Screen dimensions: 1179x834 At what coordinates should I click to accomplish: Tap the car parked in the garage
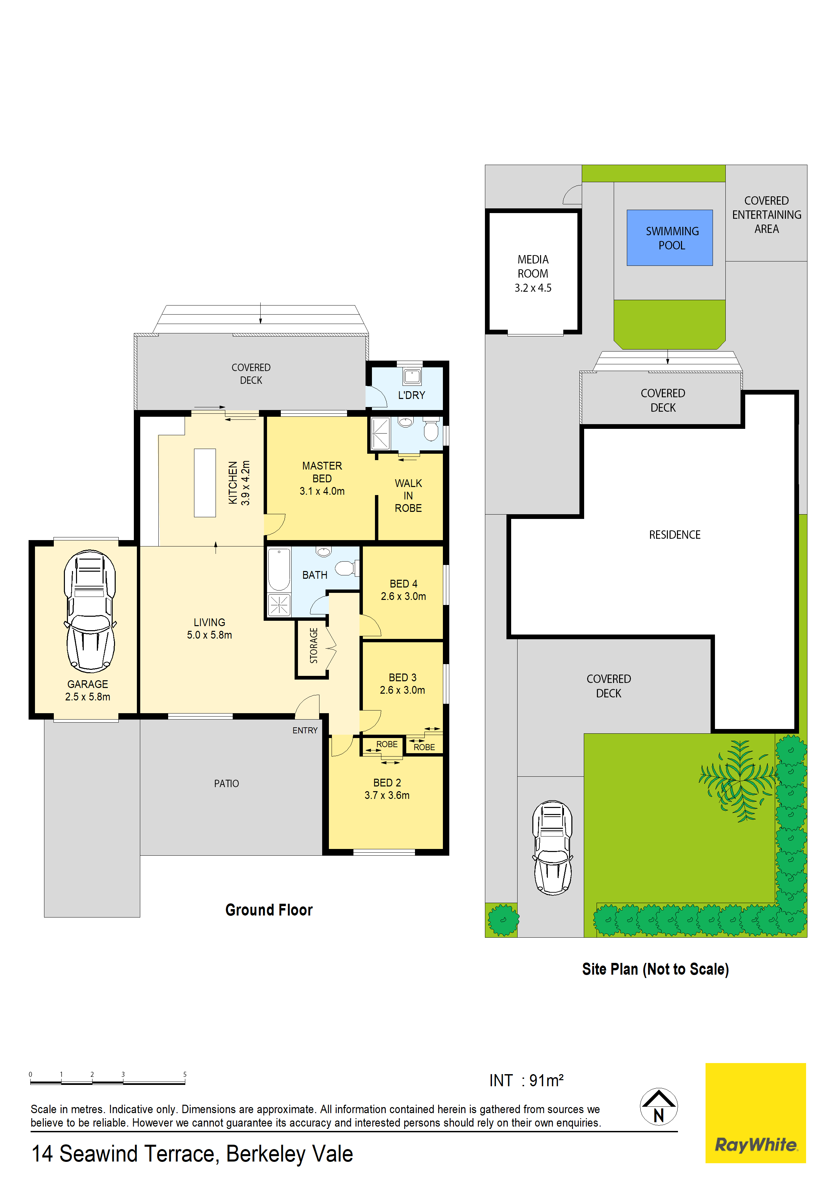(90, 611)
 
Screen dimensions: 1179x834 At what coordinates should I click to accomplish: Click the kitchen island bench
(204, 482)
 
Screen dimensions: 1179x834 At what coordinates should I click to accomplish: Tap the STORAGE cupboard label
(313, 646)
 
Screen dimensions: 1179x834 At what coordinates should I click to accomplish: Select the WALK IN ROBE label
(408, 495)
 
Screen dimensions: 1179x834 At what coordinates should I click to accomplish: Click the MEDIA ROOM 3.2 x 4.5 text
(533, 274)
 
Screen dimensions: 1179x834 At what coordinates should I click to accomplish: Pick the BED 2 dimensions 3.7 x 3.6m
(387, 796)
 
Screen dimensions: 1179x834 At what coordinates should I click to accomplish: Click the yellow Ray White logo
(755, 1112)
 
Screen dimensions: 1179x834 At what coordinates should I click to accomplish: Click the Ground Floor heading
(269, 909)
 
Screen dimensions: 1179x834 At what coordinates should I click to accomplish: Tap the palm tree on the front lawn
(738, 780)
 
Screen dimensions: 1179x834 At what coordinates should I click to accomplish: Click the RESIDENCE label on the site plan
(674, 535)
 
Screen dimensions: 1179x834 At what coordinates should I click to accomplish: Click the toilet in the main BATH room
(345, 568)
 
